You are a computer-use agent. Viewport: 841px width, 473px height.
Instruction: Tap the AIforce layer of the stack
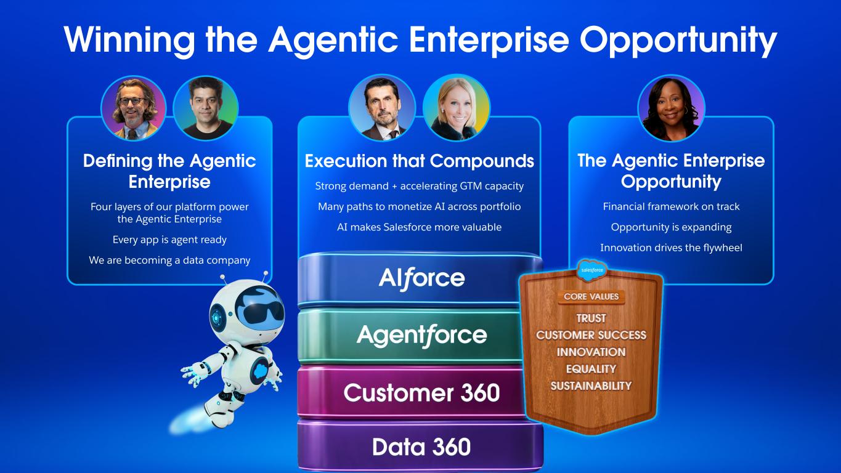tap(420, 280)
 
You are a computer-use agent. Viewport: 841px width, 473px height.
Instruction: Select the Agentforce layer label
tap(421, 335)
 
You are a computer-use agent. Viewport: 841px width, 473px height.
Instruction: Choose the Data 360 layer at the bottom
tap(420, 447)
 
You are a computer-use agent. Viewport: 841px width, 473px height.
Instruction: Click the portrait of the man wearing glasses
tap(134, 108)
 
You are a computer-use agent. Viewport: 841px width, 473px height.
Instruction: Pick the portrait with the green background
tap(205, 108)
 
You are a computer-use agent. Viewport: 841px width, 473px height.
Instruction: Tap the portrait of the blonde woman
tap(456, 108)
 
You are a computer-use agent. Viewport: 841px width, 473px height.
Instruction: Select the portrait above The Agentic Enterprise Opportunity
tap(671, 108)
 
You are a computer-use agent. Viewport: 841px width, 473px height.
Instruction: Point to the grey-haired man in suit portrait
tap(382, 108)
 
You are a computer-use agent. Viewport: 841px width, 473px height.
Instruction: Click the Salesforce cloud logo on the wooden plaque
tap(592, 270)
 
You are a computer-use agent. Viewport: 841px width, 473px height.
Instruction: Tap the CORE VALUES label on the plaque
tap(591, 297)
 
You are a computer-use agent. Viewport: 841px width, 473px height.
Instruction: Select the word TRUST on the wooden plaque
tap(591, 318)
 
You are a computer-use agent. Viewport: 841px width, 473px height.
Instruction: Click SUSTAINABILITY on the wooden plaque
tap(591, 386)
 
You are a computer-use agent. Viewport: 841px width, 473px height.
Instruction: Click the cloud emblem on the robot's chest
tap(259, 371)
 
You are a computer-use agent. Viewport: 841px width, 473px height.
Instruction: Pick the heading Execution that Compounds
tap(420, 161)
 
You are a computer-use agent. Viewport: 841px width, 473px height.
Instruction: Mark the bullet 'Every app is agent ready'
tap(169, 240)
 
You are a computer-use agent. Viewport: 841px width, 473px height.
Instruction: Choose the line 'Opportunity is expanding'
tap(672, 227)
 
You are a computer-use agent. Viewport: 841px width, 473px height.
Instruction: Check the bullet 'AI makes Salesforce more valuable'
tap(420, 227)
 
